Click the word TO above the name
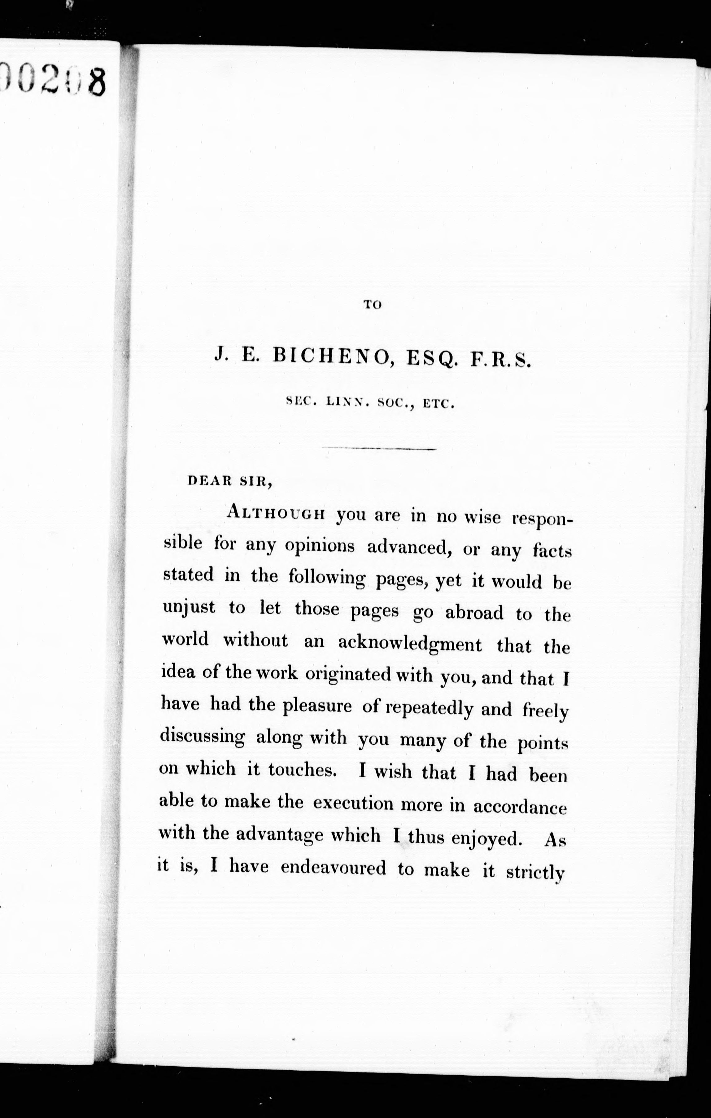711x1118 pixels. point(372,305)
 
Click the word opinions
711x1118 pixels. point(320,546)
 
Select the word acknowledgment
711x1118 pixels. point(410,644)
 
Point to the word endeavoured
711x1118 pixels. point(333,867)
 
